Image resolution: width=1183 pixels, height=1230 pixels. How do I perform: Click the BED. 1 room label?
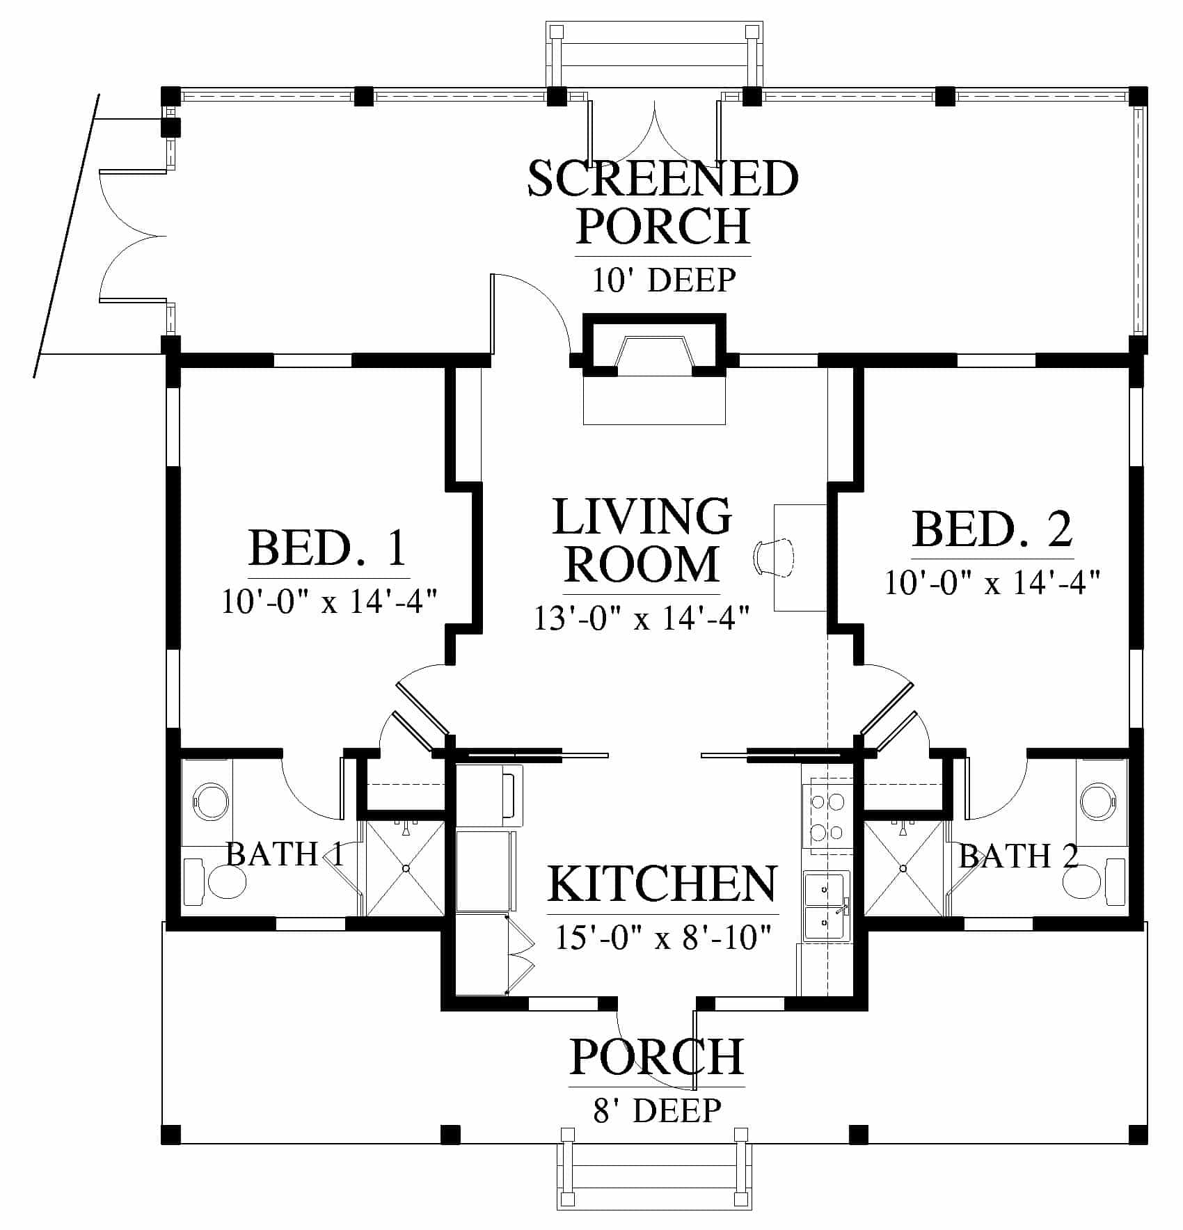pos(328,548)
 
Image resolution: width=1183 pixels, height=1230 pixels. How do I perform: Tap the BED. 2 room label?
pos(992,529)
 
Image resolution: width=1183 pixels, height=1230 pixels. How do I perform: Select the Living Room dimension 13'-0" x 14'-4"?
pos(642,618)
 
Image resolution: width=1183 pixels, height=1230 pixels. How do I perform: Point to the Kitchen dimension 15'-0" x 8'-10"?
pos(663,939)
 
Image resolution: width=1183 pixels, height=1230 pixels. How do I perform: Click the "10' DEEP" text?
pos(664,280)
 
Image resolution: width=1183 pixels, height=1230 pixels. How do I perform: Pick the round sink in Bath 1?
pos(212,801)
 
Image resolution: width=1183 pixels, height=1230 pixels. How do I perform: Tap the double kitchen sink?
pos(827,906)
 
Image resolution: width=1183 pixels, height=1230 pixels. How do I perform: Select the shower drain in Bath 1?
pos(405,868)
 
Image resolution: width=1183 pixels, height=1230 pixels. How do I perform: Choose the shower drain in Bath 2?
pos(903,868)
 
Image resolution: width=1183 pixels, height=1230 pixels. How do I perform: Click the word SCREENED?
pos(662,179)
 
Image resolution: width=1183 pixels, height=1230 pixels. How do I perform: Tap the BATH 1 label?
pos(285,854)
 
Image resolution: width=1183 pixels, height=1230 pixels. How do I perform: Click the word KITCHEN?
pos(662,884)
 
